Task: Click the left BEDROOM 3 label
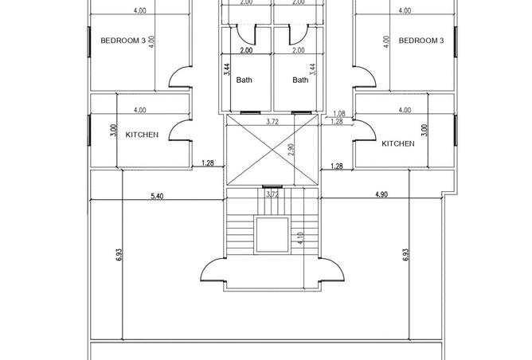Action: (123, 41)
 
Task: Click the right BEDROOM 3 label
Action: (421, 41)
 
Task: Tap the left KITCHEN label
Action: (142, 135)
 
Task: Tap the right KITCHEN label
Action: (398, 143)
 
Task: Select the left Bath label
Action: (244, 80)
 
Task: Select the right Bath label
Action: (300, 80)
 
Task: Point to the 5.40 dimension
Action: (157, 196)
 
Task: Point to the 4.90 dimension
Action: (381, 194)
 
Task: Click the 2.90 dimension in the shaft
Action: (291, 150)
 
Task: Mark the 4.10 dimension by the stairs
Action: (301, 238)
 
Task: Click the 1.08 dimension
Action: (339, 114)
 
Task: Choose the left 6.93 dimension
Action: (119, 255)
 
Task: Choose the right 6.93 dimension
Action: (406, 255)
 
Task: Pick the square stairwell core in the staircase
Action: (272, 235)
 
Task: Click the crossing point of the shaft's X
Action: (272, 150)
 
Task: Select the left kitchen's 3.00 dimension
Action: (114, 131)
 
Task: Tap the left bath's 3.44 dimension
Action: (227, 69)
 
